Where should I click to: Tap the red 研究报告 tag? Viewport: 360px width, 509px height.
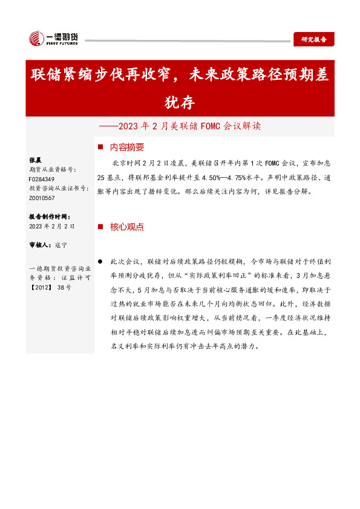[x=313, y=39]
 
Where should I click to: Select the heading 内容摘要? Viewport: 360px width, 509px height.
[x=126, y=147]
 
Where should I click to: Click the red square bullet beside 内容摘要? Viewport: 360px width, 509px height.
[x=100, y=148]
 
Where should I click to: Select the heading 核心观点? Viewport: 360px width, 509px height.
[x=126, y=227]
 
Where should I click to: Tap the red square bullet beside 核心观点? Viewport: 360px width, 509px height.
[x=100, y=228]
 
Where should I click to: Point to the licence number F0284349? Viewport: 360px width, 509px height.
[x=42, y=180]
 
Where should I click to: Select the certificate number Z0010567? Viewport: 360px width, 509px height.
[x=42, y=198]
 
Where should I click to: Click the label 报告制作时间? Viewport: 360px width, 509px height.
[x=50, y=216]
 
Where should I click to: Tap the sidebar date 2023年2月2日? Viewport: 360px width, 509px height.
[x=51, y=226]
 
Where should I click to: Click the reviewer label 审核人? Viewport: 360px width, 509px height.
[x=40, y=245]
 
